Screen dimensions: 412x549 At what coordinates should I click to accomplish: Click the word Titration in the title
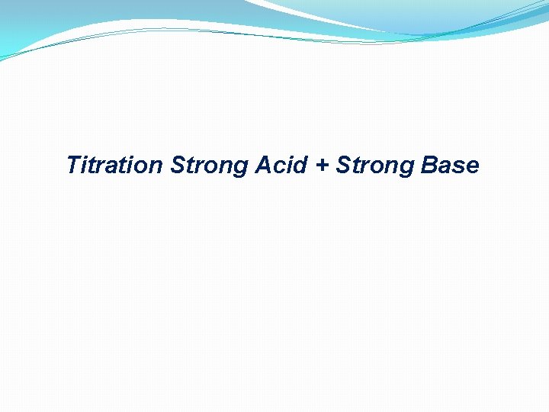point(114,165)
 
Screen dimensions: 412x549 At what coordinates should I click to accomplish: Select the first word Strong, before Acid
point(210,166)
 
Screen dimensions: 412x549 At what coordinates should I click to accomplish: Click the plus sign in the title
point(319,166)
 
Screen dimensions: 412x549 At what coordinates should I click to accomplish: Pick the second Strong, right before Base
point(374,166)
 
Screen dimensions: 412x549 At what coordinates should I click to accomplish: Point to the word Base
point(449,165)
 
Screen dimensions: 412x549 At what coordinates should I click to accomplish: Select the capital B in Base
point(426,165)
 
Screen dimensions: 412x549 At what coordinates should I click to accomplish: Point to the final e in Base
point(472,167)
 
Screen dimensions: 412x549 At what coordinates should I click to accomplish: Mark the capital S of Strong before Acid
point(178,165)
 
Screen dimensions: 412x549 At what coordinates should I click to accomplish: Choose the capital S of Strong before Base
point(342,165)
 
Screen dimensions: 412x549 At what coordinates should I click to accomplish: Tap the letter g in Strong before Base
point(406,169)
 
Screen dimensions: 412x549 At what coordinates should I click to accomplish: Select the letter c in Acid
point(278,167)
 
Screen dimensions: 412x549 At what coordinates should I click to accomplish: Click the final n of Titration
point(156,167)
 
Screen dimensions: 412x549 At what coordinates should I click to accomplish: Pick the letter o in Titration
point(143,167)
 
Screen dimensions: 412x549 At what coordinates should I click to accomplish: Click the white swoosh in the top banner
point(320,19)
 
